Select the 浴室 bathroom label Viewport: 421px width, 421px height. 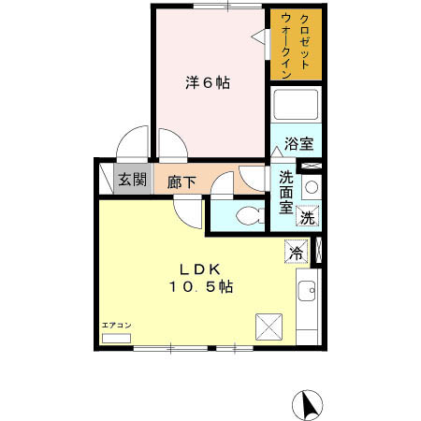(x=298, y=145)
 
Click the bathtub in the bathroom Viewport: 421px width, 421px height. (x=296, y=109)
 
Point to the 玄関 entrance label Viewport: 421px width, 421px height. (x=131, y=181)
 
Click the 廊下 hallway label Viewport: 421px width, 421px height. (x=181, y=182)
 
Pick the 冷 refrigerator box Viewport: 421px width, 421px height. (x=297, y=252)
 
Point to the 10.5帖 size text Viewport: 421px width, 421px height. (x=200, y=288)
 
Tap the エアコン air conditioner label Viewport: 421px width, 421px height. (x=117, y=325)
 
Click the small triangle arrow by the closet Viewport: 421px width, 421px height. (x=259, y=36)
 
